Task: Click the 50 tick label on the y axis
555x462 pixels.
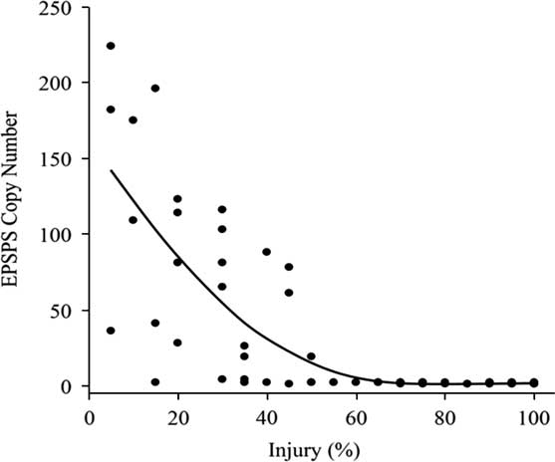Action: (x=66, y=310)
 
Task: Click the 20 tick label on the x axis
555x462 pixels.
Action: (x=177, y=411)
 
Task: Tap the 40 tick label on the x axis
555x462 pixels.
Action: (x=266, y=411)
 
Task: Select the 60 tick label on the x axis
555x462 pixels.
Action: (x=356, y=411)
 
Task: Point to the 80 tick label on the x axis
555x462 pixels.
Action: (x=444, y=411)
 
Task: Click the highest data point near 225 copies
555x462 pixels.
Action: (x=111, y=46)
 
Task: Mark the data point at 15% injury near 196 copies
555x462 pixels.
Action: (x=155, y=89)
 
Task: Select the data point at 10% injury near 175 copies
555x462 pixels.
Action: (x=133, y=120)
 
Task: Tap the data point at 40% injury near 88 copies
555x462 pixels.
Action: (x=266, y=252)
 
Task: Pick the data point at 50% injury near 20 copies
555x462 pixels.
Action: (x=311, y=356)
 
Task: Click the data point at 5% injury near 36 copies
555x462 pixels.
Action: (x=111, y=331)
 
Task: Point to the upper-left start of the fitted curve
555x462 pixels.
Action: (x=111, y=170)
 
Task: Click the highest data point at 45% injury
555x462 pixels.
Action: (x=289, y=267)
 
